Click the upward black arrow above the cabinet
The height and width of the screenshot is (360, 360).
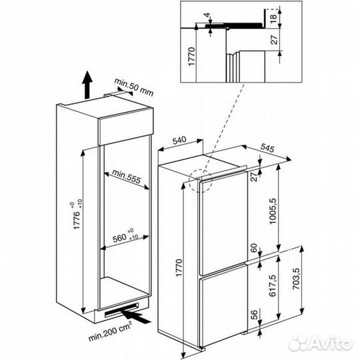point(87,85)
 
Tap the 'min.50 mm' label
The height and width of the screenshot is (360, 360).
point(133,87)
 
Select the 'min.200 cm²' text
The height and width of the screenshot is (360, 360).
point(110,331)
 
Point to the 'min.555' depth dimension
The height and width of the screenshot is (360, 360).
point(126,176)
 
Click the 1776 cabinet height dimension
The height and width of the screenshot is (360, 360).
point(77,216)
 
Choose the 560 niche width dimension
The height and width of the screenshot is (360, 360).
point(125,235)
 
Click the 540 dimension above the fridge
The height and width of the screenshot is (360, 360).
point(179,140)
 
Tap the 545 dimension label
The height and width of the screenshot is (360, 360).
point(267,148)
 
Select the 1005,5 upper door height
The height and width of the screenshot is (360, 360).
point(273,211)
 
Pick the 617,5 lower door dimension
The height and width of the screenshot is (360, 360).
point(273,285)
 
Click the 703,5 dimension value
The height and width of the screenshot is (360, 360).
point(297,279)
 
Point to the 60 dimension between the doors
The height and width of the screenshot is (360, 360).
point(254,248)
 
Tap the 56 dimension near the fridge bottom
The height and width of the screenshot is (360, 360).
point(254,315)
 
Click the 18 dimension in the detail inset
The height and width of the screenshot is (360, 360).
point(273,19)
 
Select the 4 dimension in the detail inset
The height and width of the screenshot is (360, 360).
point(207,15)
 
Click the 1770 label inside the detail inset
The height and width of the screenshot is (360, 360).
point(191,57)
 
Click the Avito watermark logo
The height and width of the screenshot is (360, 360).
point(321,343)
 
